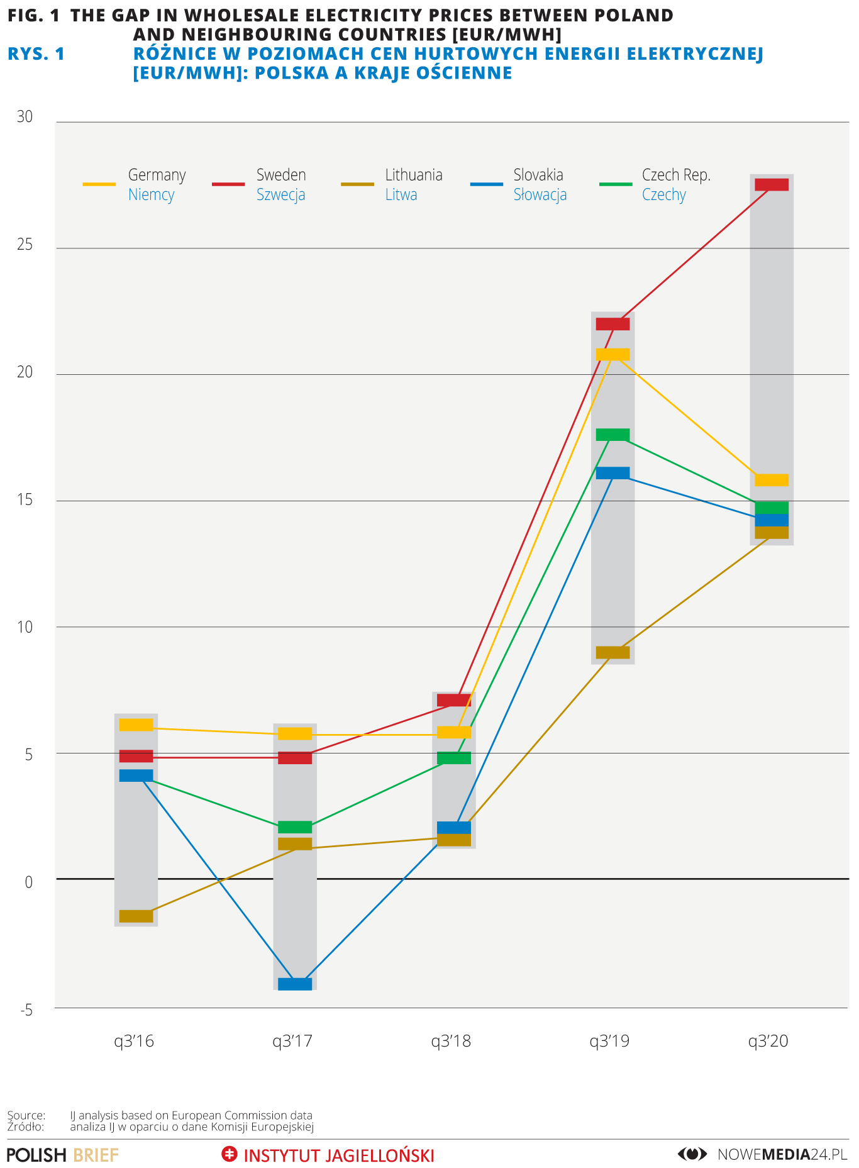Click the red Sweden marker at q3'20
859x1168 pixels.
[x=771, y=184]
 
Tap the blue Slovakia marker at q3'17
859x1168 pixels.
[x=295, y=984]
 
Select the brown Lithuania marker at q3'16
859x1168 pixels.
[x=136, y=916]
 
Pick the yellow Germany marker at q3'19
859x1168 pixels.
[x=612, y=354]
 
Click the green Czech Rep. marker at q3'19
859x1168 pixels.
[x=612, y=435]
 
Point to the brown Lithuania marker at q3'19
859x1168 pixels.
[x=612, y=652]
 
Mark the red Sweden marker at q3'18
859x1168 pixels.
[x=453, y=700]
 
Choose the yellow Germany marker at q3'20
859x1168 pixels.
[x=771, y=480]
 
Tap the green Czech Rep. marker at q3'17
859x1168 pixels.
[x=295, y=827]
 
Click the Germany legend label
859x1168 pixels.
[x=157, y=175]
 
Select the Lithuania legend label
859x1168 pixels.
[x=414, y=175]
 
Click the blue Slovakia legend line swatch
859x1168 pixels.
[x=487, y=184]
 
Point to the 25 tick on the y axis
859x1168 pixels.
[x=25, y=245]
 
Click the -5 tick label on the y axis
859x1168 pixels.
[x=26, y=1011]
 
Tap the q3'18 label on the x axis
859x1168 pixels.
[x=451, y=1042]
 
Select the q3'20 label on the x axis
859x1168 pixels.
[x=768, y=1042]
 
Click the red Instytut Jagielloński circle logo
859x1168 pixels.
[x=230, y=1154]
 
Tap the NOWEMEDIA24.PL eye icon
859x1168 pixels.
[x=692, y=1154]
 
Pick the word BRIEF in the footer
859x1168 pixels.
[x=96, y=1155]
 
